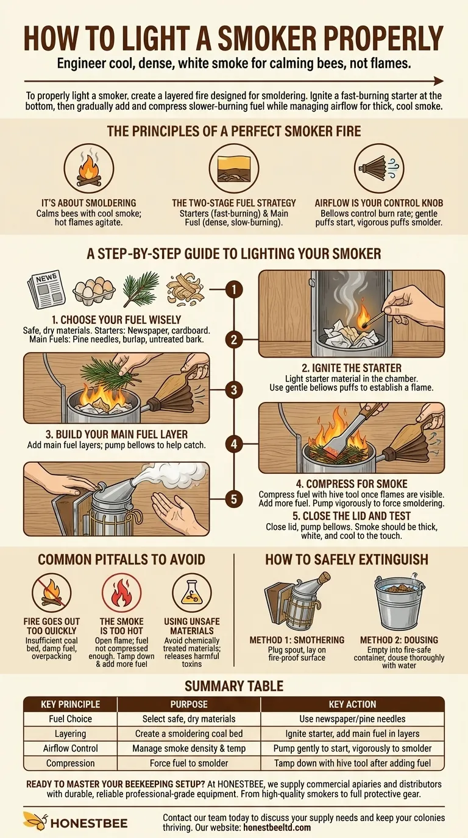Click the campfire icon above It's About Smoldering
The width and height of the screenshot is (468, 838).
pyautogui.click(x=89, y=168)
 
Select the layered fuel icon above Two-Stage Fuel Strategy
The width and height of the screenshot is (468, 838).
pyautogui.click(x=234, y=168)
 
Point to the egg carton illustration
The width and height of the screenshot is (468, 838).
pyautogui.click(x=94, y=291)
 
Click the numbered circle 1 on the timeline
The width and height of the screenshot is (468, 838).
pyautogui.click(x=234, y=289)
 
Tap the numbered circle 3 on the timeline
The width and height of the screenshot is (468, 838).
pyautogui.click(x=234, y=390)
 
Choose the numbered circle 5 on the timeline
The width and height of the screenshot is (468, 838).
pyautogui.click(x=234, y=499)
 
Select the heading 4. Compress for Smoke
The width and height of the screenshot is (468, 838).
pyautogui.click(x=352, y=484)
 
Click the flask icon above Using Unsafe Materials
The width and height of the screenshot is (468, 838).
pyautogui.click(x=192, y=593)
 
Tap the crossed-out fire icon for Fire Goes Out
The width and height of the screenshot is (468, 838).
pyautogui.click(x=51, y=593)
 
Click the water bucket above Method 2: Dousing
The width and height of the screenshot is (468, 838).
pyautogui.click(x=399, y=601)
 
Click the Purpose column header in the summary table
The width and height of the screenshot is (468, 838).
pyautogui.click(x=189, y=705)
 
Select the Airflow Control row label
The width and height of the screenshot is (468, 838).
pyautogui.click(x=71, y=748)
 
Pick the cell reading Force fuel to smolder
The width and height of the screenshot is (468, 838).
pyautogui.click(x=189, y=763)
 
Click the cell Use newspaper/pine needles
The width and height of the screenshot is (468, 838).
pyautogui.click(x=352, y=719)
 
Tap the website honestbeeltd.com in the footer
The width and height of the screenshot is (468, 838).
pyautogui.click(x=277, y=827)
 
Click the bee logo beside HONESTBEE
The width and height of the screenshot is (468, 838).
pyautogui.click(x=35, y=821)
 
